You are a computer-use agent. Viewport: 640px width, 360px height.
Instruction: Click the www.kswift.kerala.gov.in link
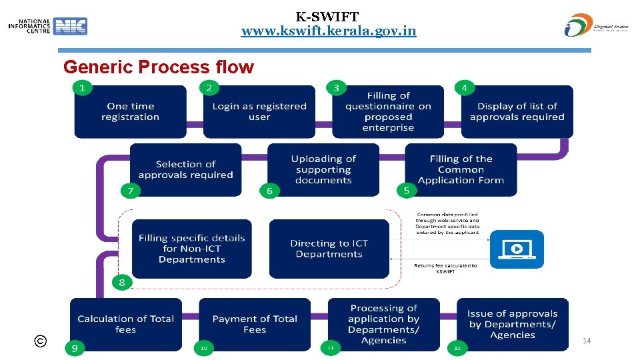(329, 31)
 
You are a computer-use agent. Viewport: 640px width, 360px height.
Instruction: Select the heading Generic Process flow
(158, 67)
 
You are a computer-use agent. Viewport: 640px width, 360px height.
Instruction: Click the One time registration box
(130, 111)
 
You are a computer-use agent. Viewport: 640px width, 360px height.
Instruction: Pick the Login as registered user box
(259, 111)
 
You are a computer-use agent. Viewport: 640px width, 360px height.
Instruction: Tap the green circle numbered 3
(336, 87)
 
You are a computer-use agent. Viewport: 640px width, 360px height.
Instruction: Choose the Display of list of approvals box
(517, 111)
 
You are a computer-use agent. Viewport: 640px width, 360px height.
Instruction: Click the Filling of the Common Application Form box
(461, 169)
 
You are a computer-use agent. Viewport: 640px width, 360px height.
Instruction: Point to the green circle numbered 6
(269, 191)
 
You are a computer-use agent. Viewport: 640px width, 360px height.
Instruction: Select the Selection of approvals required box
(185, 169)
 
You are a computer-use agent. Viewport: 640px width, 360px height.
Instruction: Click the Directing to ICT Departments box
(329, 249)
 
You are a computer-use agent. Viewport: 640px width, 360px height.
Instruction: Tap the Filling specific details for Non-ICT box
(192, 249)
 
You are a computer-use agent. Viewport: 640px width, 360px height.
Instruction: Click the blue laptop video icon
(517, 249)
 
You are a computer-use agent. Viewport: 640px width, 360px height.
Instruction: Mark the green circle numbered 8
(121, 283)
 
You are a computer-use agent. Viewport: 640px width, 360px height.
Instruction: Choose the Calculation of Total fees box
(125, 324)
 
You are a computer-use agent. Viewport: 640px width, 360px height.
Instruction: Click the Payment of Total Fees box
(255, 324)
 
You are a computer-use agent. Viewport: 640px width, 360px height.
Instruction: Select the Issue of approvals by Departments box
(512, 324)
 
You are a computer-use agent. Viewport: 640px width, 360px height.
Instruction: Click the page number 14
(587, 341)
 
